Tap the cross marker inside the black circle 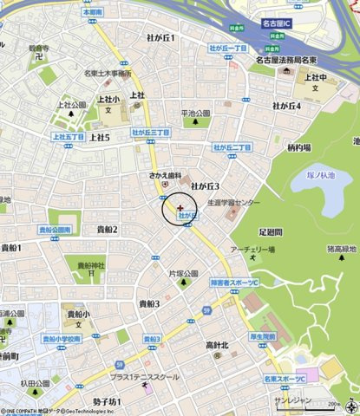coord(180,208)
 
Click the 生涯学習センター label coord(233,203)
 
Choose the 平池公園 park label coord(195,113)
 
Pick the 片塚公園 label coord(185,273)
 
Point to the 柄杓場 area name coord(298,148)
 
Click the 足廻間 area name coord(270,233)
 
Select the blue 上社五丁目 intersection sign coord(67,137)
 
